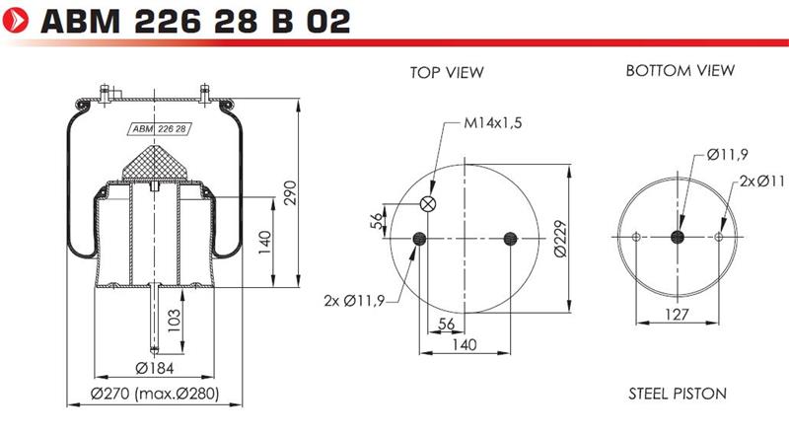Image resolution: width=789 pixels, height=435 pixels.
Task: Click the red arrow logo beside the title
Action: (x=16, y=21)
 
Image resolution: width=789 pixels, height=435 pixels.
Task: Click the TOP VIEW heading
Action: (x=447, y=73)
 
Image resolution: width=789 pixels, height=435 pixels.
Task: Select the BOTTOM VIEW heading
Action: (x=680, y=70)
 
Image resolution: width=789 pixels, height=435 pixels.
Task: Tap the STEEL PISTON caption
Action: (x=678, y=394)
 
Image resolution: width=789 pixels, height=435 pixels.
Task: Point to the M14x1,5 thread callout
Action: (x=492, y=122)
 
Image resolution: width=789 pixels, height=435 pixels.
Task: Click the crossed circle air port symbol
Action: (x=428, y=204)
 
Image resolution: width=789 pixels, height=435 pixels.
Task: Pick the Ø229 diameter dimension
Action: (x=560, y=239)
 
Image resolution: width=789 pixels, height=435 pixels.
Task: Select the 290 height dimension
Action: (x=290, y=192)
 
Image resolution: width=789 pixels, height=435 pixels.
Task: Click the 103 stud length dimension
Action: (x=174, y=321)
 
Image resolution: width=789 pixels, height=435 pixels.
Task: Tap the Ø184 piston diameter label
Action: (x=155, y=368)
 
